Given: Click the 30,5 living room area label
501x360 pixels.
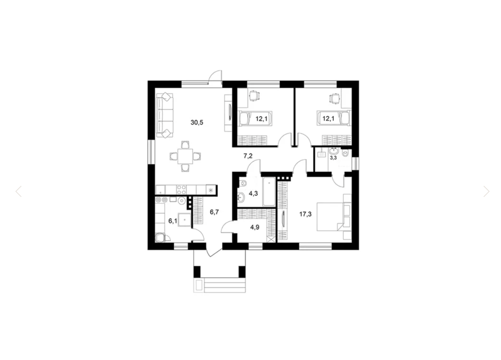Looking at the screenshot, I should click(x=197, y=123).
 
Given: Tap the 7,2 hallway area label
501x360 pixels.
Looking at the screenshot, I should click(x=248, y=155).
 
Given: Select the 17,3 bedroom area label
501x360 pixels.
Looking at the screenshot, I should click(x=305, y=214).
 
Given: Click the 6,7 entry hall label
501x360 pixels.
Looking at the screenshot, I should click(x=214, y=212).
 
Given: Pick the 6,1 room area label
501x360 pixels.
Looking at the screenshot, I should click(x=172, y=221).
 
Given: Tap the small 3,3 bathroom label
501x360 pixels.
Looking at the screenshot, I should click(x=333, y=158).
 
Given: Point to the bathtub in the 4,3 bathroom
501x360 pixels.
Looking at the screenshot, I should click(x=268, y=192).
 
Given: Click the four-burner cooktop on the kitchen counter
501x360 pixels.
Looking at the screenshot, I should click(x=181, y=189).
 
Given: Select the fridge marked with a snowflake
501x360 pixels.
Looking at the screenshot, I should click(x=211, y=189).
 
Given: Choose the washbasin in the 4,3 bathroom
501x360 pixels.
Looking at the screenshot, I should click(x=241, y=196).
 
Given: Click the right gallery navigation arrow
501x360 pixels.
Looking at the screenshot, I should click(x=486, y=191).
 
